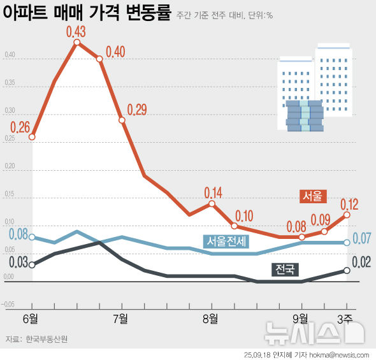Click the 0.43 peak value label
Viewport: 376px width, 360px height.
(76, 31)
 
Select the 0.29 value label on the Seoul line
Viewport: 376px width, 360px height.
(136, 110)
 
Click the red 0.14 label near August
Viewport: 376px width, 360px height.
(213, 192)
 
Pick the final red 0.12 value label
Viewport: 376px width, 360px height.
(349, 205)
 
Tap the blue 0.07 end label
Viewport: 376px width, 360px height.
(362, 239)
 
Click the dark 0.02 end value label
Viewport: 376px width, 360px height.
(361, 261)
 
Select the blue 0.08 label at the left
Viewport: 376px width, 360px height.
(18, 233)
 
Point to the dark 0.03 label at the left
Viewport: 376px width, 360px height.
(18, 261)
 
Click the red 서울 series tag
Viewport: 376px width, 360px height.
(313, 196)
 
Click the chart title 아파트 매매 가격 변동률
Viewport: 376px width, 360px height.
(86, 13)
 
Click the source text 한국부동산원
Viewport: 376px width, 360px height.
(47, 339)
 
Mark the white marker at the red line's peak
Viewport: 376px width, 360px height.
(77, 43)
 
